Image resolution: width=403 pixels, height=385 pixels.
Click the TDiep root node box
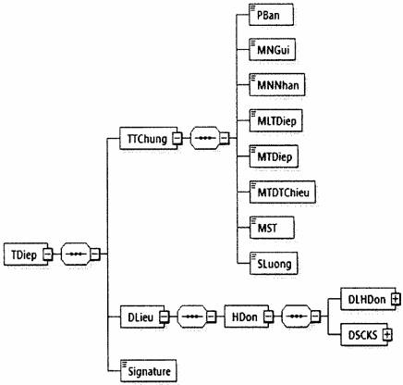(x=26, y=255)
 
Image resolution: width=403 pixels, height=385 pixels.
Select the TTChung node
(x=148, y=138)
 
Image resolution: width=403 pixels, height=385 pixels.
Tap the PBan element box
(x=271, y=15)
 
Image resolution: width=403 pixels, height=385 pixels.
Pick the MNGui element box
(x=272, y=49)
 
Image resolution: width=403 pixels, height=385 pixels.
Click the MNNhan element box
(x=276, y=84)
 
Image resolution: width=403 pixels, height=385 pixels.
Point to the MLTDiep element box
(x=275, y=120)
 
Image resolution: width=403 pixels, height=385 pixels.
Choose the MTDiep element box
(x=274, y=156)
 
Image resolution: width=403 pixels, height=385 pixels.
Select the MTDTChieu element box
(x=282, y=192)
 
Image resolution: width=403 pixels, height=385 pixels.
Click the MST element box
(x=272, y=228)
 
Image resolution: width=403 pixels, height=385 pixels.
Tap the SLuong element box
(x=274, y=263)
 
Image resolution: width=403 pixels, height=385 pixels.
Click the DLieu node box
(x=142, y=317)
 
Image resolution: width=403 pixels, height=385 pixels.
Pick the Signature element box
(x=148, y=371)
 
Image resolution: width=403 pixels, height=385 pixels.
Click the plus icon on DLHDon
(x=396, y=299)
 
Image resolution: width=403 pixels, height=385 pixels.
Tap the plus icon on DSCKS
(x=387, y=334)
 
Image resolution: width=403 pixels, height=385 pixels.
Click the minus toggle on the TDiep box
(x=48, y=255)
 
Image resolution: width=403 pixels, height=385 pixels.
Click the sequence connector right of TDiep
(x=79, y=254)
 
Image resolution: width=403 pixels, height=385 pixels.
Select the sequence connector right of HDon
(x=300, y=317)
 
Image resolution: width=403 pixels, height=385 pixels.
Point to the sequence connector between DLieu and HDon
(x=196, y=317)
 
